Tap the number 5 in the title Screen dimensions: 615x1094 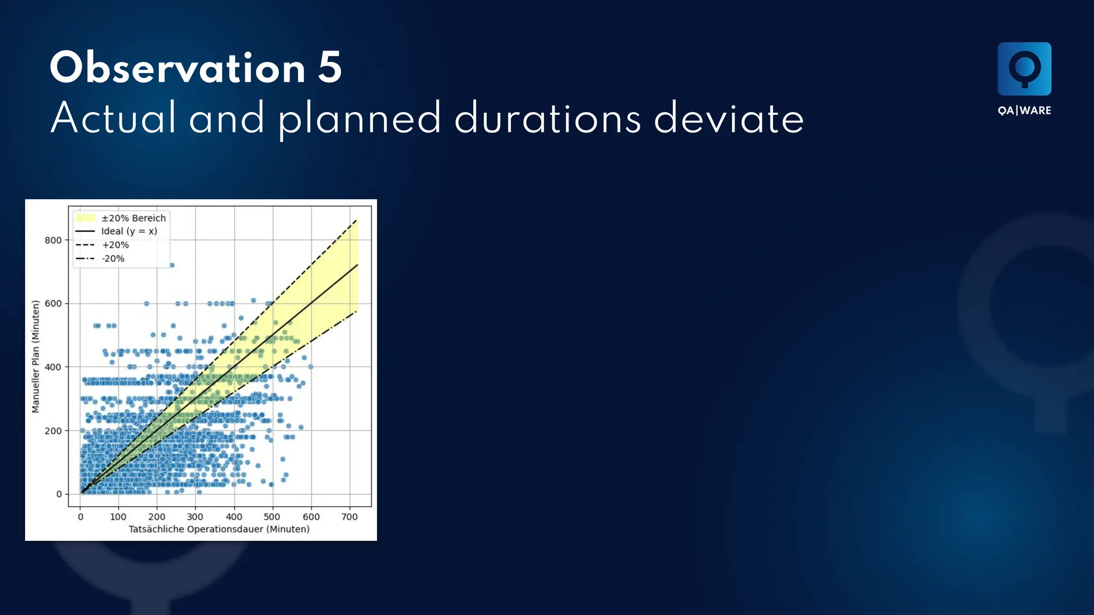coord(330,68)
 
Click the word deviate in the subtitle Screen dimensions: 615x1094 coord(729,119)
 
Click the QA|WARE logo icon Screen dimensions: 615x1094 coord(1024,69)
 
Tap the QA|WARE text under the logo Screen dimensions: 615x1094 coord(1024,111)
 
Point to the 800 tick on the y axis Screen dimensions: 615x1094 coord(53,240)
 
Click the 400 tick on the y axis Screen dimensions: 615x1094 coord(53,367)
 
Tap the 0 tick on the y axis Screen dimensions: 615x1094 coord(59,494)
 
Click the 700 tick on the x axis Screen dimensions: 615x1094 coord(349,517)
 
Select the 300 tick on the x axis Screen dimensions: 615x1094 coord(195,517)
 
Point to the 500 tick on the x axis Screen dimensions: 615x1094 coord(272,517)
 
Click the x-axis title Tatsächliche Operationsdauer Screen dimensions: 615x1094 coord(219,529)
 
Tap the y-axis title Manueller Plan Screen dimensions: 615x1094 coord(36,357)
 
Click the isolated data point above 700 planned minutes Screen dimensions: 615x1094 coord(172,265)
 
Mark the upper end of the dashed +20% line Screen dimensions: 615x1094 coord(357,219)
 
